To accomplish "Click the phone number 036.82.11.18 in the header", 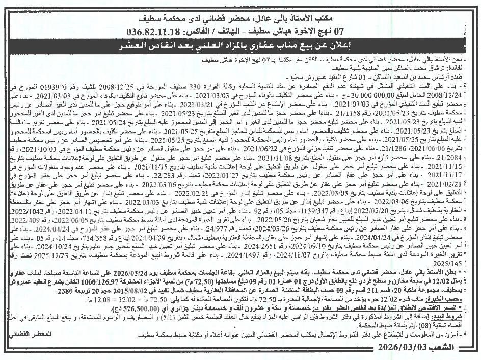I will (x=150, y=31).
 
